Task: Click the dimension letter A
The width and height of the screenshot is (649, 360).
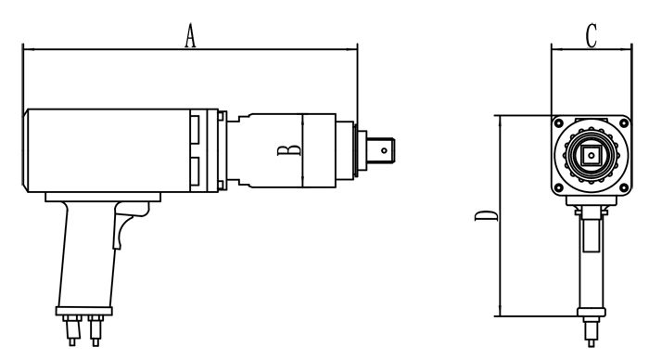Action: [x=190, y=35]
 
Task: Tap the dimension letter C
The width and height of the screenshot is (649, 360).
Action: [x=592, y=35]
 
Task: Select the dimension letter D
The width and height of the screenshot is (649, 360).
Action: [x=487, y=216]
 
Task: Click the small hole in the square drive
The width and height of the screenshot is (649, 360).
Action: [x=384, y=150]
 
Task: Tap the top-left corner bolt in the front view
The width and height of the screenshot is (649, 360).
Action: [x=559, y=123]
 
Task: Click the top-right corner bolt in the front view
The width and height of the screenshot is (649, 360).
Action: [x=624, y=123]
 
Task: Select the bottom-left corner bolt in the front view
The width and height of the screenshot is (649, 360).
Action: [x=559, y=187]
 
